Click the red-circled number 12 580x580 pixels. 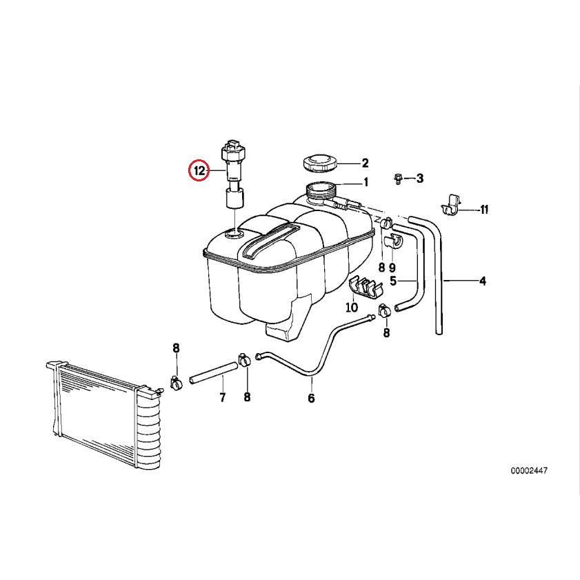[199, 170]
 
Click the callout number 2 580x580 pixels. [365, 163]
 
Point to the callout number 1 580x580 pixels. [366, 183]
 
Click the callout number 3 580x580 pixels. [419, 179]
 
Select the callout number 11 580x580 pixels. [484, 210]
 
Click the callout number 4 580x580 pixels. [482, 281]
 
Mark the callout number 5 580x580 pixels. [393, 281]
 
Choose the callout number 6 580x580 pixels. [311, 399]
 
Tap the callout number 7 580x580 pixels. [222, 398]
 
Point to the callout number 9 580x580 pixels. [392, 267]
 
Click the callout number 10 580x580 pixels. [352, 308]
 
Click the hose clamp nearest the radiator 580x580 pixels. [176, 381]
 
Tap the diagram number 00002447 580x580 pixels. [529, 471]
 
